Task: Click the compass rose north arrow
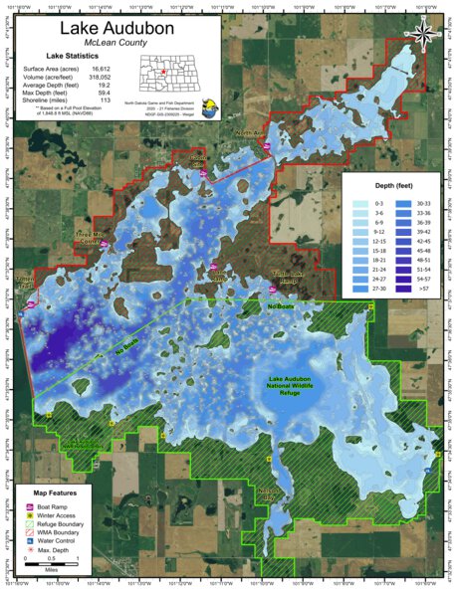click(x=425, y=33)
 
